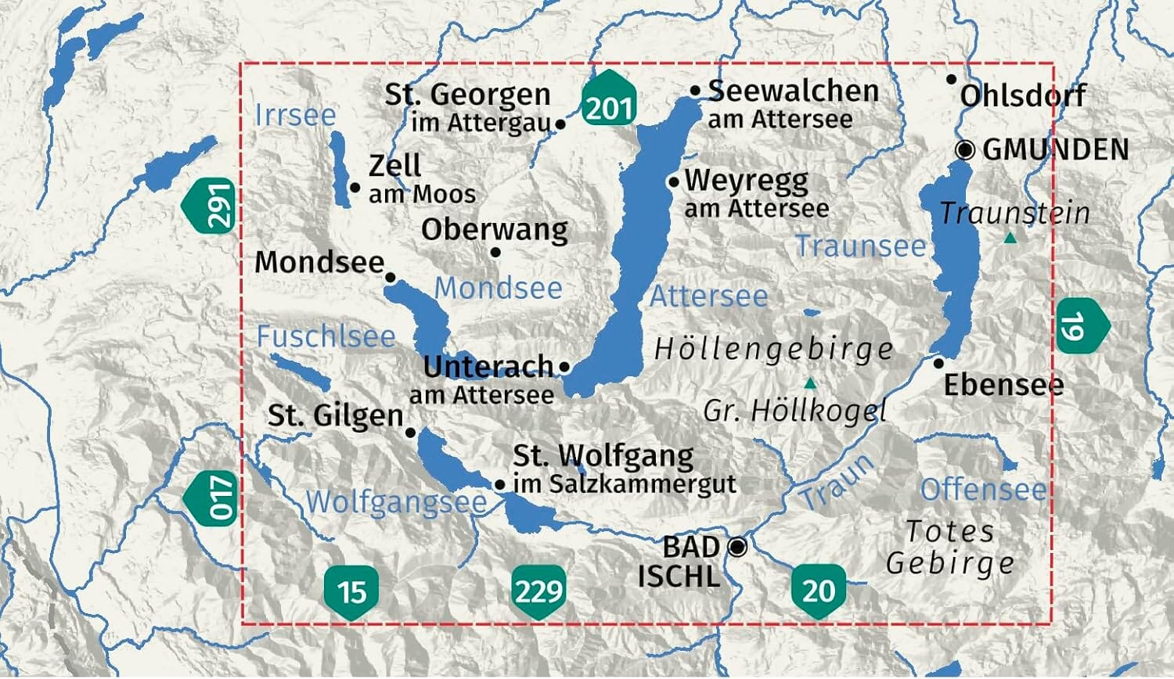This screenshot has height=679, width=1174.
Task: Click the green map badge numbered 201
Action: pyautogui.click(x=608, y=105)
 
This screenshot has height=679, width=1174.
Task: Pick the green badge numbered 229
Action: pyautogui.click(x=538, y=591)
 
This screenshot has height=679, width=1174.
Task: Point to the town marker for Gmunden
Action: pyautogui.click(x=966, y=149)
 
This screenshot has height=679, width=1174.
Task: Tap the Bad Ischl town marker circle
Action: pyautogui.click(x=736, y=547)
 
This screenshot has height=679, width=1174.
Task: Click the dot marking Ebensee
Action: pyautogui.click(x=939, y=363)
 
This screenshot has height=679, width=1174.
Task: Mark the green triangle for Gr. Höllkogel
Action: pyautogui.click(x=811, y=383)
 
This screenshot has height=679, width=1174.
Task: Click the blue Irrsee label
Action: pyautogui.click(x=295, y=116)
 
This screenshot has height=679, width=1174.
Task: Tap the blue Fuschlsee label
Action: pyautogui.click(x=326, y=337)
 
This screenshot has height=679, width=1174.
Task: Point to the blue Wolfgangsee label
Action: pyautogui.click(x=395, y=501)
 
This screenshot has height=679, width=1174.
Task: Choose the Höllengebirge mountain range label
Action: pyautogui.click(x=773, y=349)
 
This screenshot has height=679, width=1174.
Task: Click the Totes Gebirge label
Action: pyautogui.click(x=949, y=547)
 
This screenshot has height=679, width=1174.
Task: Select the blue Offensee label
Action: pyautogui.click(x=983, y=490)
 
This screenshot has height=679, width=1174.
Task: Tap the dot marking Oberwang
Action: pyautogui.click(x=495, y=252)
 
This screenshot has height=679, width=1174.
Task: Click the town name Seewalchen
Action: pyautogui.click(x=793, y=92)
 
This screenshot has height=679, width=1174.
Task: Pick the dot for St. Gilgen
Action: pyautogui.click(x=410, y=432)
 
